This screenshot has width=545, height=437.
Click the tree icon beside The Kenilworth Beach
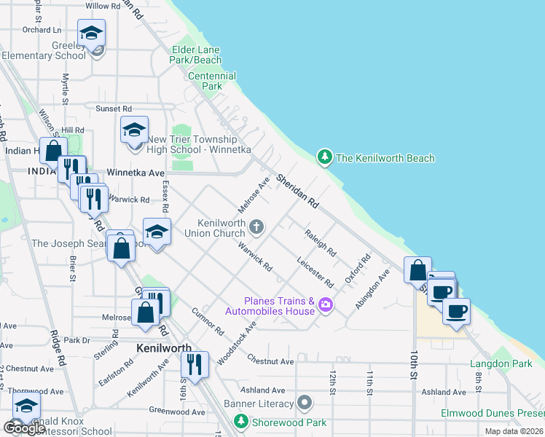pyautogui.click(x=324, y=157)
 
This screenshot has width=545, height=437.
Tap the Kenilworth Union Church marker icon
pyautogui.click(x=256, y=227)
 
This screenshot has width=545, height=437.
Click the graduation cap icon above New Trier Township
pyautogui.click(x=134, y=130)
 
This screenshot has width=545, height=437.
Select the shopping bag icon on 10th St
pyautogui.click(x=417, y=269)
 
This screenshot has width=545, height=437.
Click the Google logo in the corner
pyautogui.click(x=23, y=428)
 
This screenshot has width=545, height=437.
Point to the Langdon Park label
pyautogui.click(x=501, y=363)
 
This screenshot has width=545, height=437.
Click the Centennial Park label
pyautogui.click(x=212, y=81)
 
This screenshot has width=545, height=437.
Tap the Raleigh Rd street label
pyautogui.click(x=321, y=243)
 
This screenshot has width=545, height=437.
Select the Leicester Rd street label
pyautogui.click(x=315, y=271)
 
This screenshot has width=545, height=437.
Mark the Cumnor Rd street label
pyautogui.click(x=208, y=321)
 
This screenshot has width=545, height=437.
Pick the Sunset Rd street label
pyautogui.click(x=113, y=109)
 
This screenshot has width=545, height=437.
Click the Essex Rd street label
pyautogui.click(x=165, y=197)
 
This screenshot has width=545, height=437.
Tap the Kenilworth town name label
pyautogui.click(x=164, y=348)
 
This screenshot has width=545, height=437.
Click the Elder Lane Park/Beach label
pyautogui.click(x=196, y=55)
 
